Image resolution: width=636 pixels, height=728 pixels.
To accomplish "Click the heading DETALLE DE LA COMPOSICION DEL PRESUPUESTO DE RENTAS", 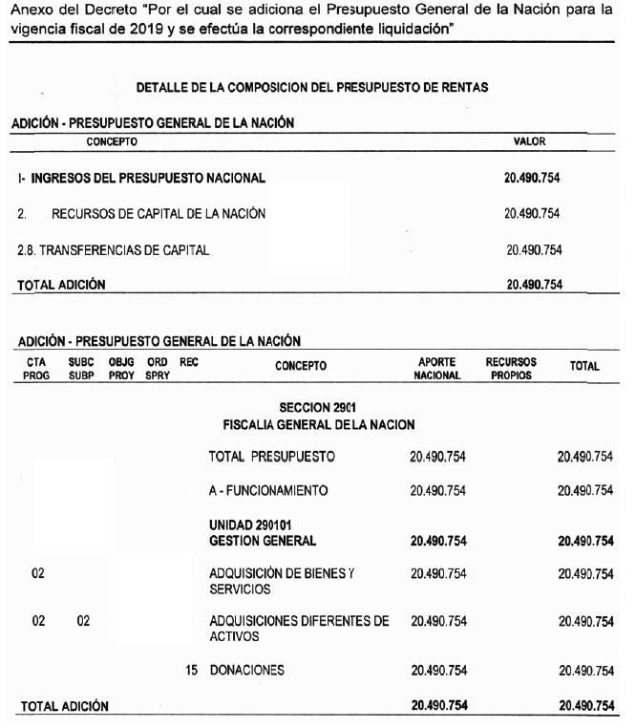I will [x=313, y=87].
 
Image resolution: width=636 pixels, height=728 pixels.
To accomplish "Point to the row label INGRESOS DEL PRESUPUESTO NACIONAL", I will [x=141, y=178].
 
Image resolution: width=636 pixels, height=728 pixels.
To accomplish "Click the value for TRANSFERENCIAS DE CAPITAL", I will [x=533, y=250].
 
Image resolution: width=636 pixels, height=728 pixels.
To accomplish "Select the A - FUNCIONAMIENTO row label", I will [x=268, y=491].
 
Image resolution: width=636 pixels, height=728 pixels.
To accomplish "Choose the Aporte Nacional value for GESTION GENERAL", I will [x=438, y=540].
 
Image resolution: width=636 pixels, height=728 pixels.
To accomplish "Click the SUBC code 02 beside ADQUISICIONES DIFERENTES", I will [x=83, y=621].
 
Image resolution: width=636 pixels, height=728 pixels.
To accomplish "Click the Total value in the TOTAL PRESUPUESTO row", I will [x=585, y=457].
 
